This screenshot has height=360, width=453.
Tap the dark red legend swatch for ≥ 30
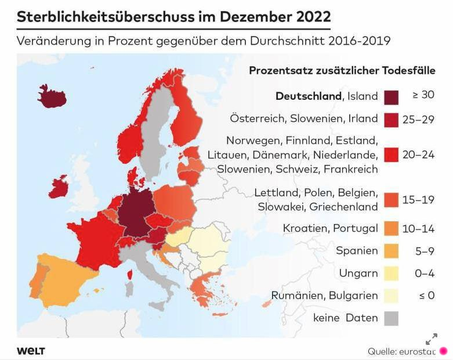click(390, 96)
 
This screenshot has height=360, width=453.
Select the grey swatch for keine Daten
click(390, 318)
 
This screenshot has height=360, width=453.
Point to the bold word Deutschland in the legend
click(309, 96)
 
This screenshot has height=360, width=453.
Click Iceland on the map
click(52, 97)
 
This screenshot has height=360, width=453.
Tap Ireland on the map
click(60, 187)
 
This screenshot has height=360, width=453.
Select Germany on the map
click(138, 212)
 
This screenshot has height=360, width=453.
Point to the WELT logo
click(31, 351)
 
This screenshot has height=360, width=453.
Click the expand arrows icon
click(432, 339)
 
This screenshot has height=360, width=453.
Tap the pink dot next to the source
click(444, 351)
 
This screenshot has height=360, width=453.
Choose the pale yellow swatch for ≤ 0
click(390, 296)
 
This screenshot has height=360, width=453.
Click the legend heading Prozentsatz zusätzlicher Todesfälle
click(342, 70)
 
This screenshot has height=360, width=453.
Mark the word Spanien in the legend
click(357, 251)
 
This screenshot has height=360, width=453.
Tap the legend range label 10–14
click(418, 229)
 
